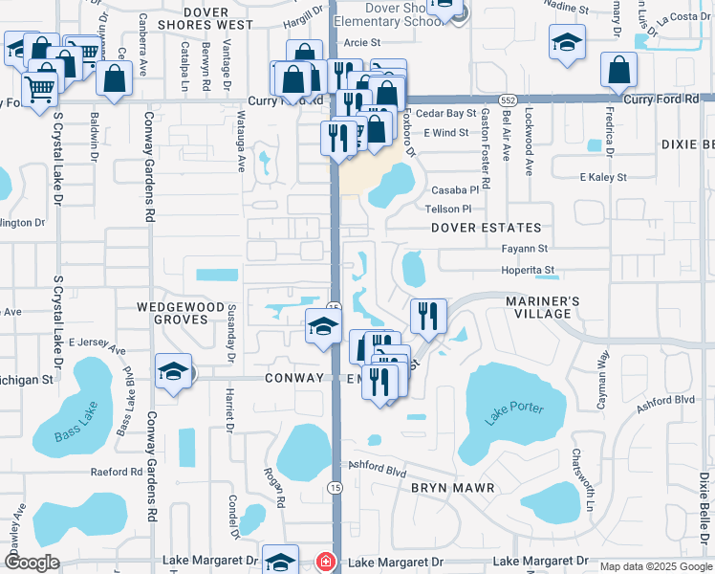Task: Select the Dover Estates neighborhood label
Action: click(486, 228)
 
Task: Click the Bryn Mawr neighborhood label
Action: click(452, 488)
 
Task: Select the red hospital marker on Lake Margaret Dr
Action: click(326, 560)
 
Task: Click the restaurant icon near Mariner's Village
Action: click(427, 314)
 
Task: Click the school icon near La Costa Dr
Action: click(567, 42)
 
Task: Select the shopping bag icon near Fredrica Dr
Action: click(618, 69)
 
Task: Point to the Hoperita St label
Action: click(530, 271)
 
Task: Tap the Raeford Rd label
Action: click(116, 473)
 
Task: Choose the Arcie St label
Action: click(361, 43)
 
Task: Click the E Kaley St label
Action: click(603, 178)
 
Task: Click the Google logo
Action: click(31, 563)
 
